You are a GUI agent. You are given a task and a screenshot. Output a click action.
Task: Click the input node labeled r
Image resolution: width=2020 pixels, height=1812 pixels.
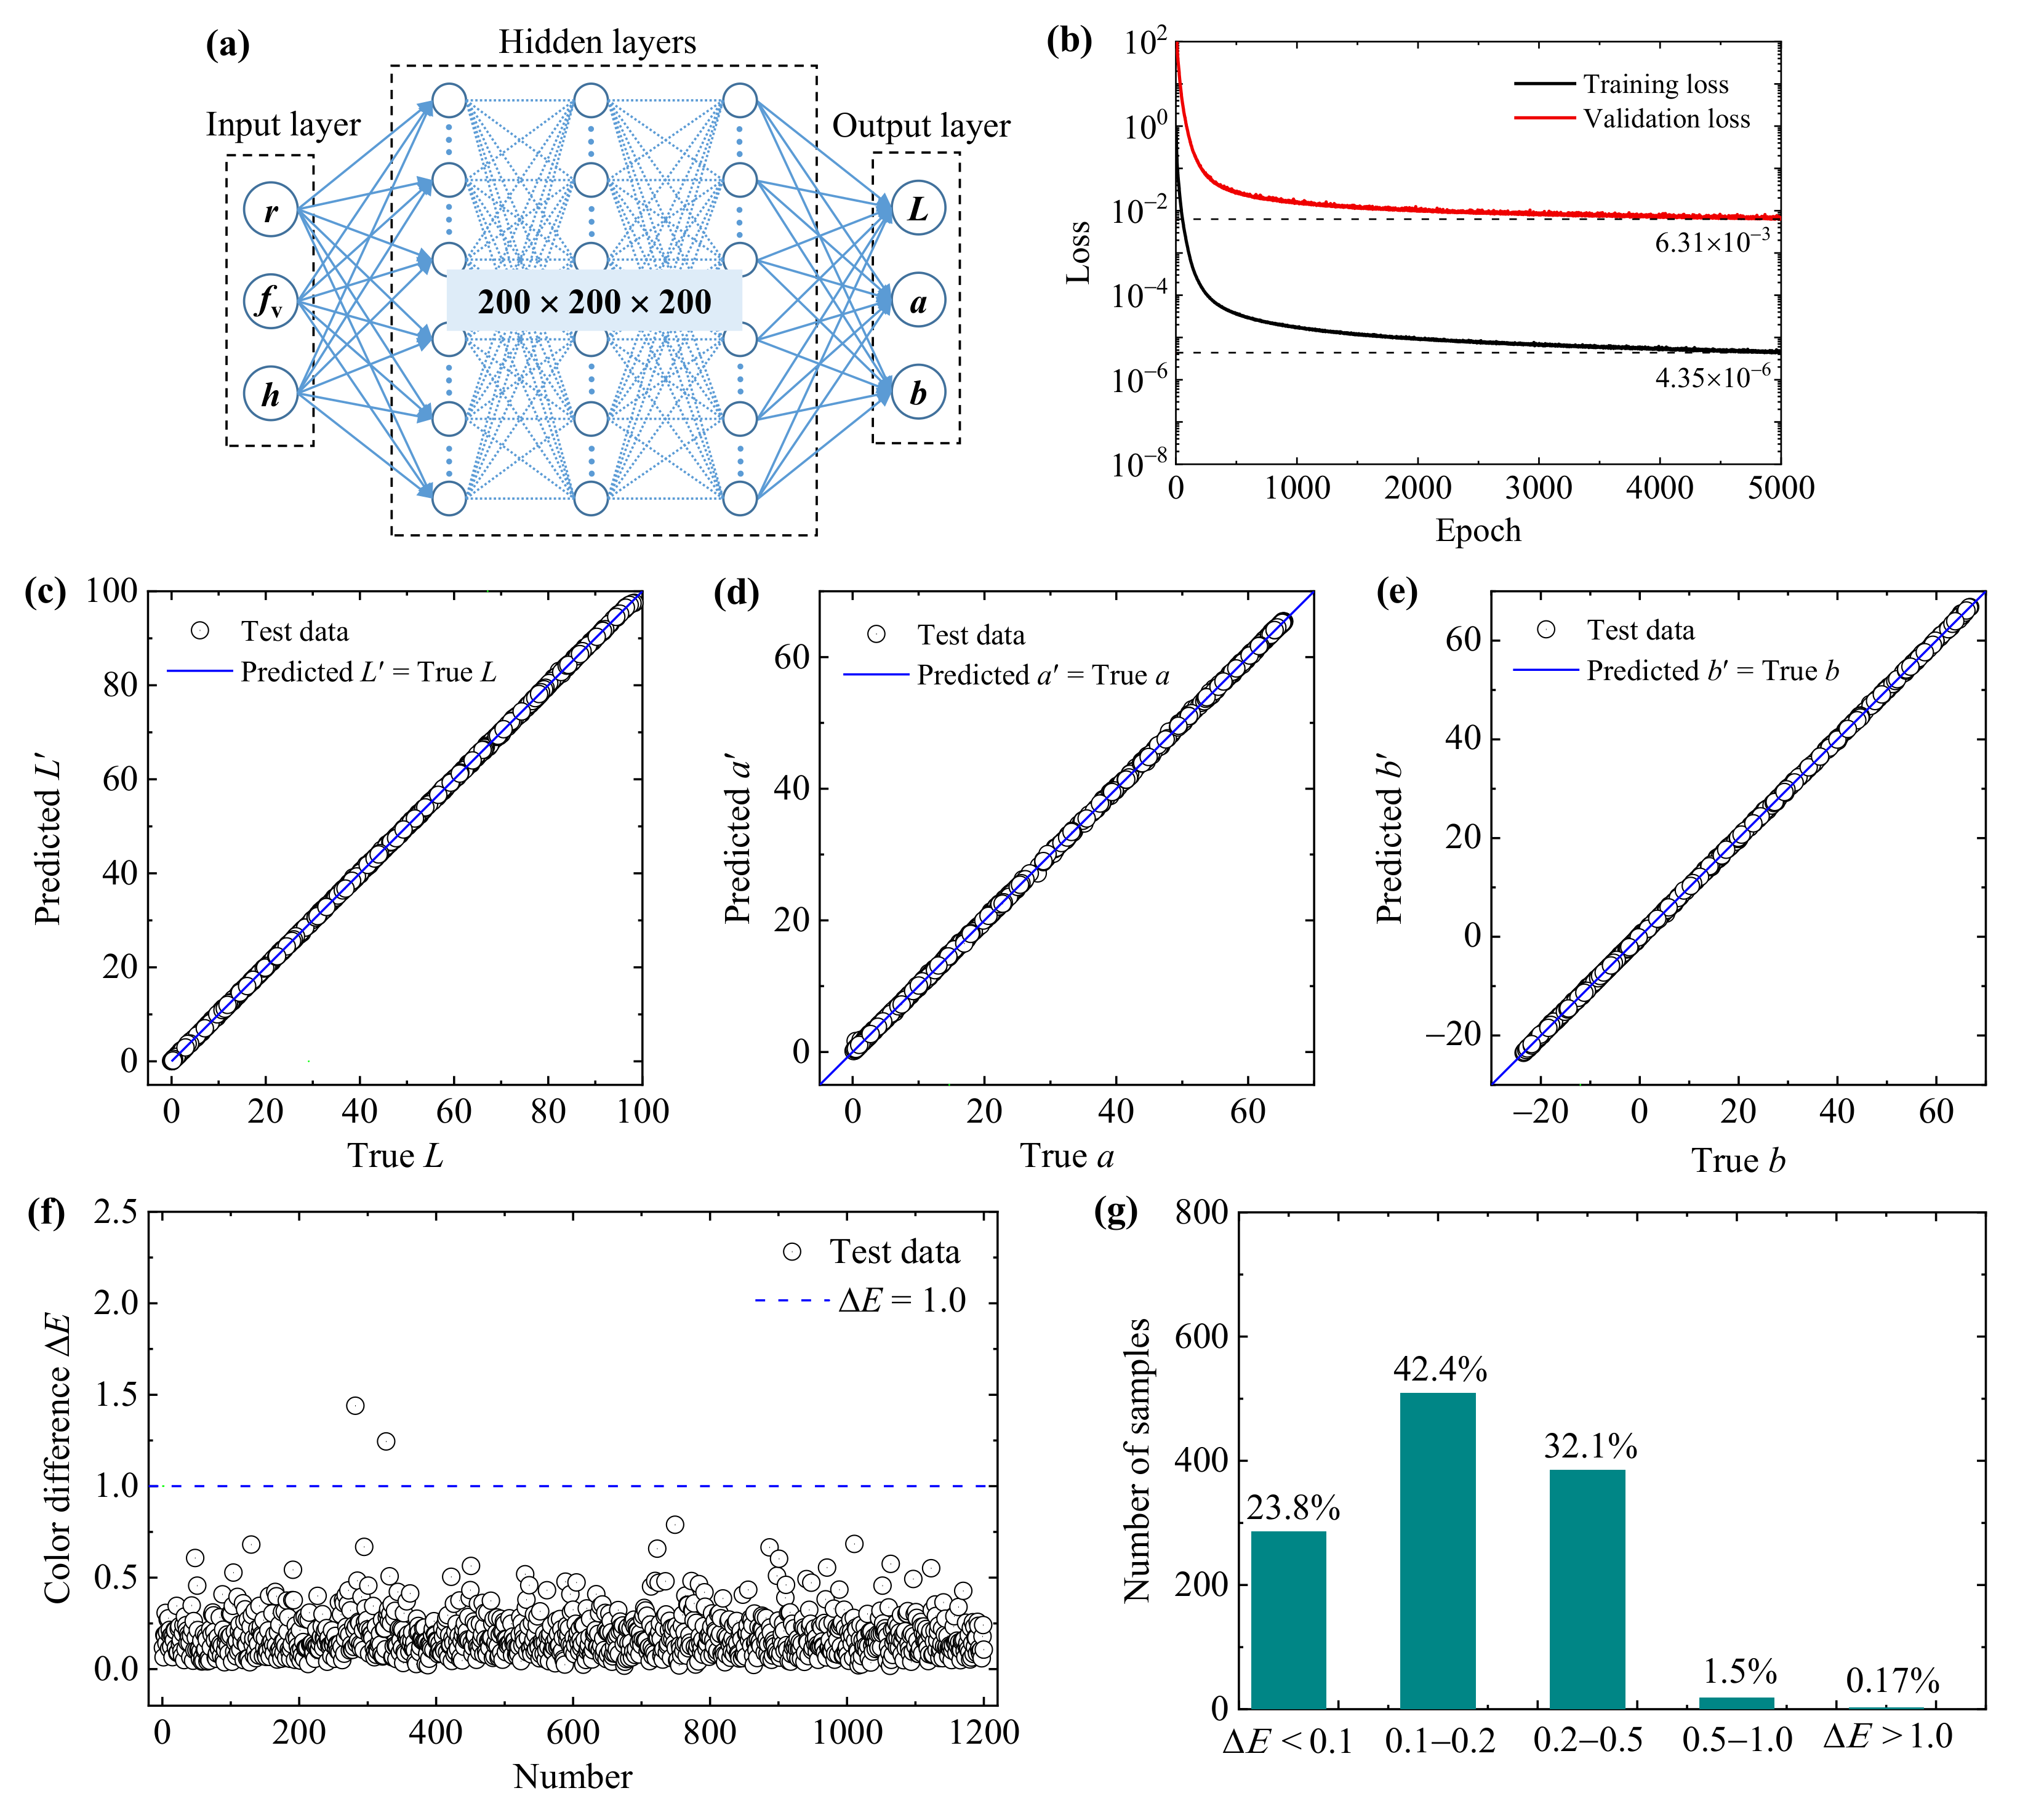pyautogui.click(x=271, y=210)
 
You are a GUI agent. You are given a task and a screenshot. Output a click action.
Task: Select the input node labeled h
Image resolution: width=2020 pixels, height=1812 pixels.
pyautogui.click(x=271, y=395)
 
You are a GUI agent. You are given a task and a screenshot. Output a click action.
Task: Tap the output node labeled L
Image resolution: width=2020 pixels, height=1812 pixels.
pyautogui.click(x=917, y=208)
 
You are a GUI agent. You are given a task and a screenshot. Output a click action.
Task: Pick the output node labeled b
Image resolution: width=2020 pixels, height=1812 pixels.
pyautogui.click(x=917, y=392)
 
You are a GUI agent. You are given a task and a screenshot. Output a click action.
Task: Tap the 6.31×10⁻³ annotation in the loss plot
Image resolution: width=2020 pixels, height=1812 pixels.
pyautogui.click(x=1712, y=242)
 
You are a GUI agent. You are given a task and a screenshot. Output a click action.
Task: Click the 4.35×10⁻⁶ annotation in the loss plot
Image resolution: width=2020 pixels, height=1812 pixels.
pyautogui.click(x=1712, y=377)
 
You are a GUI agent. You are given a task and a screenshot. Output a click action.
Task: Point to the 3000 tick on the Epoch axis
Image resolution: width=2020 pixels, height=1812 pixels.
pyautogui.click(x=1538, y=488)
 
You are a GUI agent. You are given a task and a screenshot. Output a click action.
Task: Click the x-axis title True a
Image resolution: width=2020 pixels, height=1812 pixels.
pyautogui.click(x=1066, y=1156)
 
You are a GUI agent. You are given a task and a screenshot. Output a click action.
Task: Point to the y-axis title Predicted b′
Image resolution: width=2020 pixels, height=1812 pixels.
pyautogui.click(x=1389, y=838)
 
